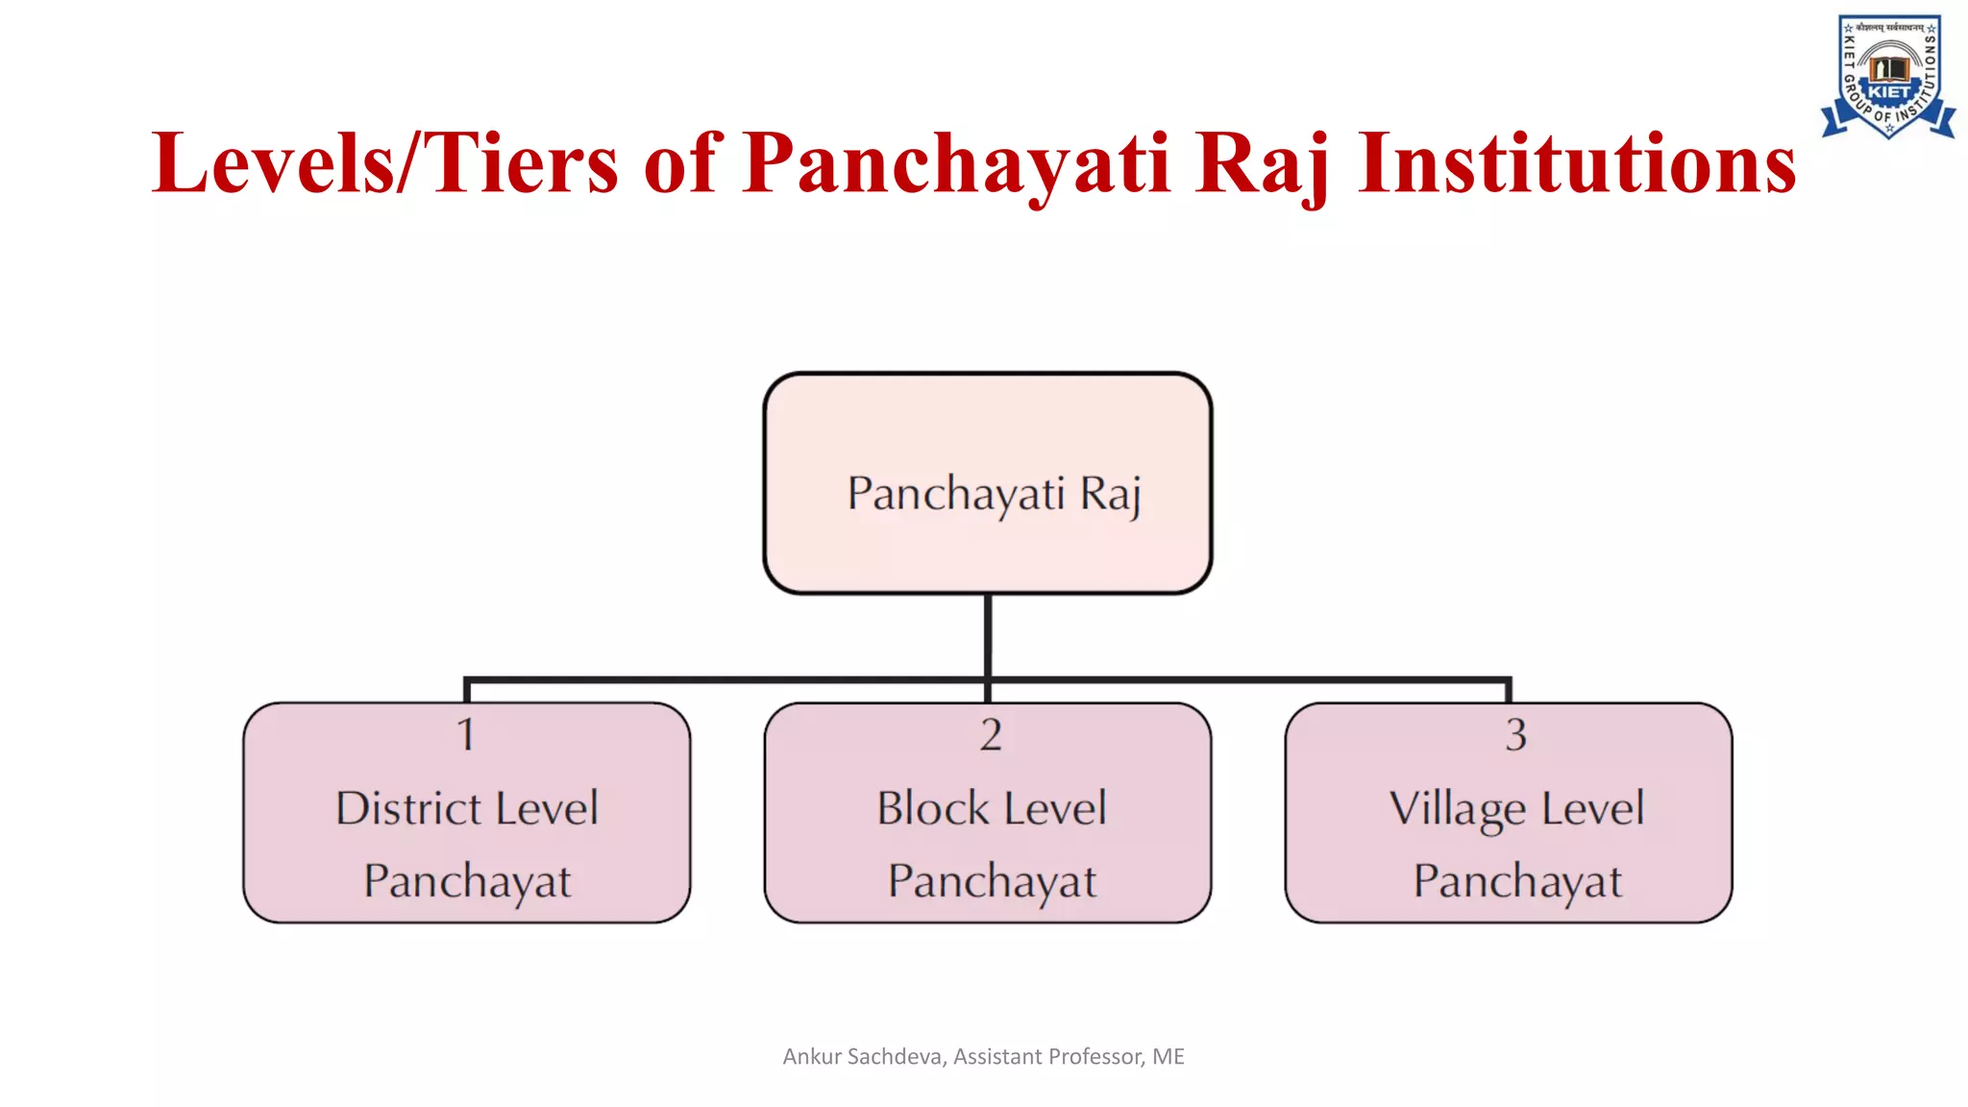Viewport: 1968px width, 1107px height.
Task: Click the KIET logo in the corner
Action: pos(1888,77)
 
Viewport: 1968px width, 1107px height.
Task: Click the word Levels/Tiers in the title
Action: pos(384,163)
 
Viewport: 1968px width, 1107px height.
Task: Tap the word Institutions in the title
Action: pos(1576,163)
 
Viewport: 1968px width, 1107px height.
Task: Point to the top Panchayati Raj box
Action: pos(988,483)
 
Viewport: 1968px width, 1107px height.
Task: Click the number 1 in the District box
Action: pos(466,735)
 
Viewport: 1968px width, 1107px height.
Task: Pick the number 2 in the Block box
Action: pos(991,735)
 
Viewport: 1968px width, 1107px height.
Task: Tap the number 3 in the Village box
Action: pos(1515,735)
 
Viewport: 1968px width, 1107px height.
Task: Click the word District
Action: pos(408,808)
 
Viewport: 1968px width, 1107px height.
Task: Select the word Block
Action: pos(932,808)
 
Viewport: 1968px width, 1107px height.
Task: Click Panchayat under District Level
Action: pos(467,881)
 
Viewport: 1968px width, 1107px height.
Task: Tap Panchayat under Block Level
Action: pos(992,881)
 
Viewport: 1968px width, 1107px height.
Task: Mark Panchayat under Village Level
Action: pos(1517,881)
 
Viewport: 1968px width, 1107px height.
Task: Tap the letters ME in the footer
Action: pos(1168,1057)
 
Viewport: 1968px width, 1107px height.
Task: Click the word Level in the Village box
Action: pos(1593,808)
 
